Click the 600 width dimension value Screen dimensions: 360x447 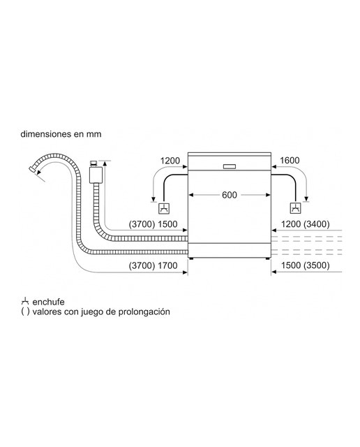click(x=230, y=195)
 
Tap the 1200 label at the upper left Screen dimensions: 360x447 click(x=170, y=161)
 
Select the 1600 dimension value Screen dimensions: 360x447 click(x=290, y=161)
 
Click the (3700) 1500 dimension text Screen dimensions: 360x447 click(x=153, y=224)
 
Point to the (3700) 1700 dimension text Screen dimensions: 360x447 click(x=153, y=265)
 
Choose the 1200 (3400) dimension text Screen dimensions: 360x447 click(x=306, y=224)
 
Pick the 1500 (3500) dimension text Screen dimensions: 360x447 click(x=306, y=265)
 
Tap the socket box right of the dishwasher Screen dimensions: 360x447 click(x=295, y=208)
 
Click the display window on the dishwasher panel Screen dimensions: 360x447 click(x=230, y=166)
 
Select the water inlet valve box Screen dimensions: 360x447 click(x=96, y=175)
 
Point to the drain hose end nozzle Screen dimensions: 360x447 click(x=33, y=169)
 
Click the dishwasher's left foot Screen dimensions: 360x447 click(x=191, y=258)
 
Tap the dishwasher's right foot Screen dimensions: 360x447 click(x=267, y=258)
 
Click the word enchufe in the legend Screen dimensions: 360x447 click(x=48, y=302)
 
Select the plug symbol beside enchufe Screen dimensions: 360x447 click(x=25, y=301)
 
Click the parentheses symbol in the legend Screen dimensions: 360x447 click(x=25, y=312)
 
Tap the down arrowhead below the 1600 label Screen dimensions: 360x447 click(x=306, y=198)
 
